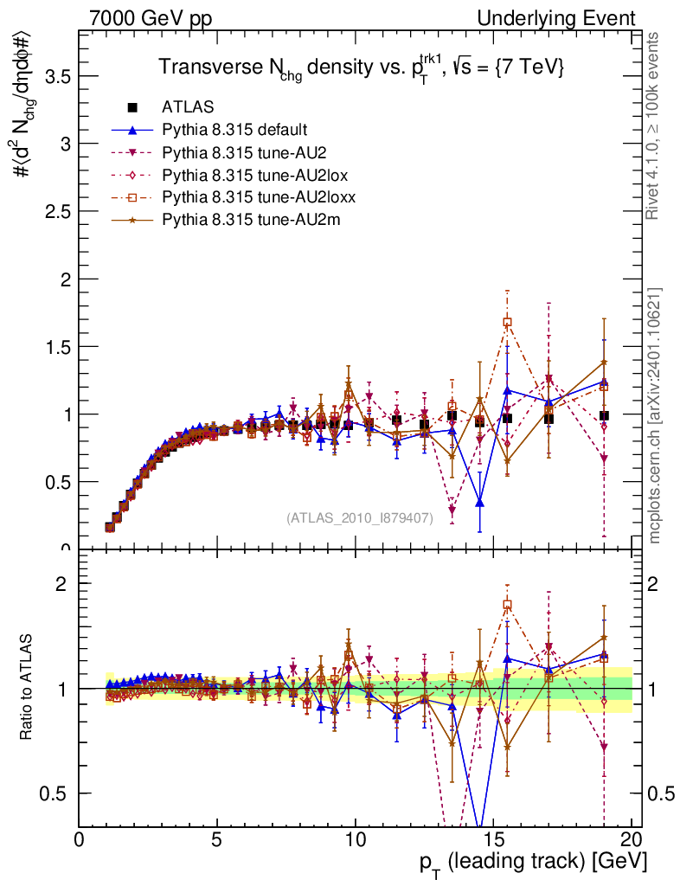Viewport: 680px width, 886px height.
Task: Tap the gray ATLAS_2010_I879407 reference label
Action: pyautogui.click(x=359, y=518)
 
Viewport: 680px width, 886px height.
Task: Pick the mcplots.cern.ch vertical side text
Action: pyautogui.click(x=655, y=415)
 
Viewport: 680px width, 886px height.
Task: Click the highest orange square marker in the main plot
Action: pyautogui.click(x=508, y=322)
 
